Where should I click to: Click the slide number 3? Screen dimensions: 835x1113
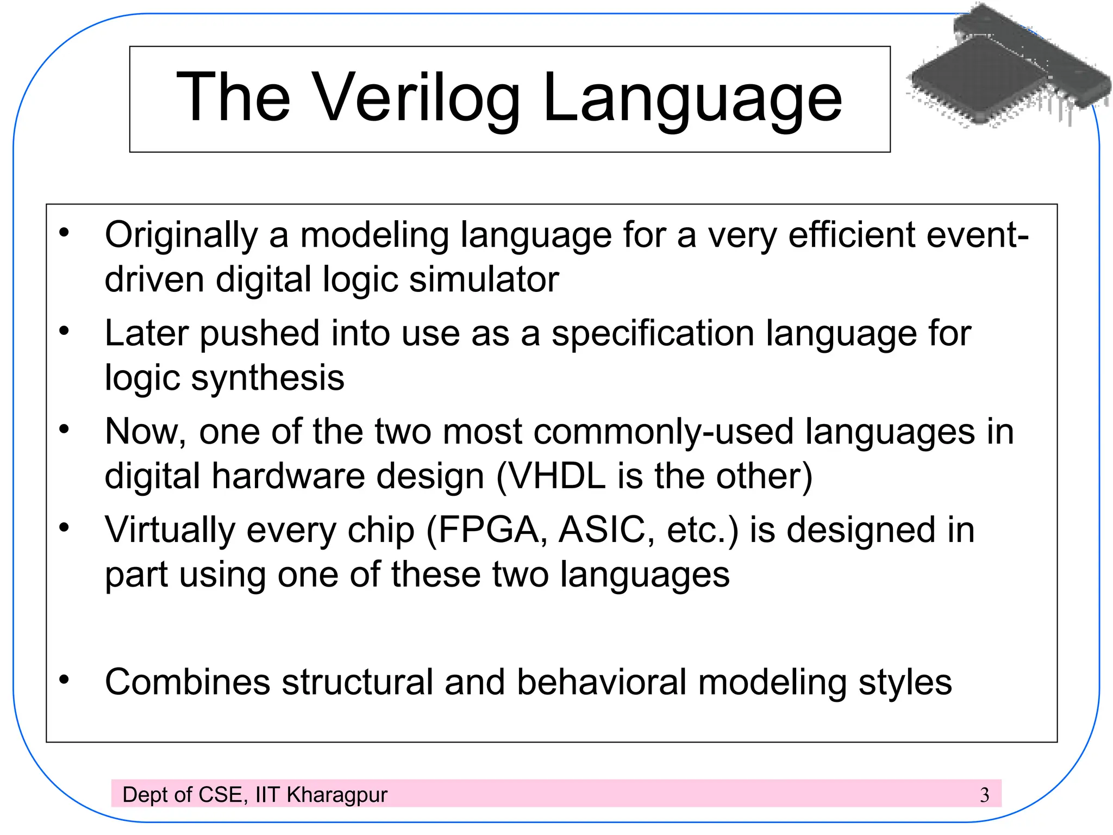coord(984,795)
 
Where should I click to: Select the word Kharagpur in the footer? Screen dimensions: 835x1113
coord(336,795)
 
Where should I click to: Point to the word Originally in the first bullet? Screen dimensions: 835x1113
coord(181,236)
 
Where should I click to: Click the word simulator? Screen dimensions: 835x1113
coord(484,279)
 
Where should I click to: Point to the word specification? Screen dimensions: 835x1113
coord(653,334)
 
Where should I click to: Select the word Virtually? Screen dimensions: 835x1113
coord(170,530)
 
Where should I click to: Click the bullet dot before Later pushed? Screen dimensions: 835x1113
coord(65,331)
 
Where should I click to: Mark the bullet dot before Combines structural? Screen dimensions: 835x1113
coord(65,679)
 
